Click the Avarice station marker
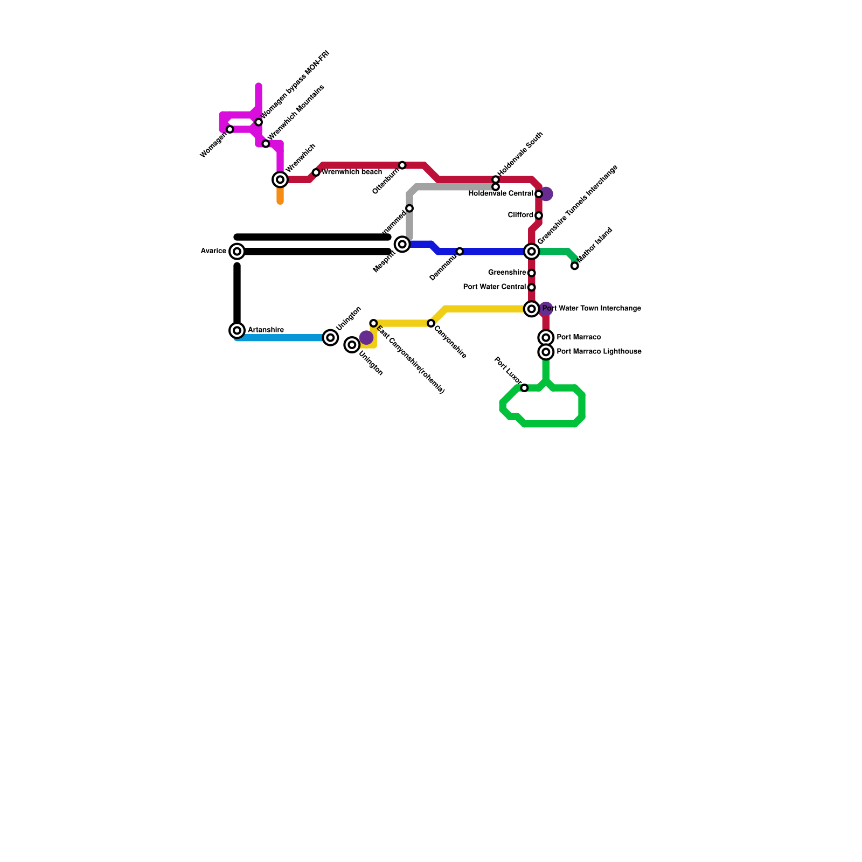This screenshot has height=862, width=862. pos(237,251)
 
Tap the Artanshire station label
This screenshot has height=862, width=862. pos(266,330)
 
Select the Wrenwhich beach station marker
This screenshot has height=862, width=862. pos(316,172)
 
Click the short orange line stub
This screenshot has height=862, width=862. pos(280,195)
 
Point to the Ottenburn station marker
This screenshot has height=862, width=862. pos(402,165)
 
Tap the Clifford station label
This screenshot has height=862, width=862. pos(520,215)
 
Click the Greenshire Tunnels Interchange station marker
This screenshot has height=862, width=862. pos(532,251)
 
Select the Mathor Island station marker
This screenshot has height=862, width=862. pos(574,266)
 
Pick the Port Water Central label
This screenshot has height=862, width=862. pos(494,287)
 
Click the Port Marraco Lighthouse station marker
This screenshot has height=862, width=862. pos(546,352)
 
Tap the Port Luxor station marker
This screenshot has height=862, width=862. pos(524,388)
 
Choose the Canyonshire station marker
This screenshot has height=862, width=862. pos(431,323)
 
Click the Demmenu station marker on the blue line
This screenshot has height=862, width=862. pos(460,252)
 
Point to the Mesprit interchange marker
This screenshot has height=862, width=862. pos(402,245)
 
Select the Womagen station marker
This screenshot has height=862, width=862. pos(230,129)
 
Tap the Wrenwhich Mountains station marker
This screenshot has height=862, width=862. pos(266,144)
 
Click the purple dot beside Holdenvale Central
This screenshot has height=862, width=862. pos(546,194)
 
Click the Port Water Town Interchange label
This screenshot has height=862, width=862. pos(592,309)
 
